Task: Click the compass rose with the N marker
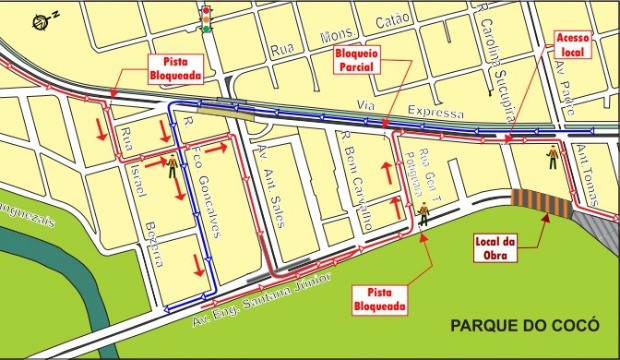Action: pos(41,20)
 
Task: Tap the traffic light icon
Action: pos(207,19)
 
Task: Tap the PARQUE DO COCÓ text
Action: pos(524,325)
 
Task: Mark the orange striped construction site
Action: pos(541,203)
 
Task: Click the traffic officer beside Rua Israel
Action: pos(172,166)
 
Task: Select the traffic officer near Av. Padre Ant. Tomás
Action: pos(552,155)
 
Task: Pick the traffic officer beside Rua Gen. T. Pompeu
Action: pos(422,212)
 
